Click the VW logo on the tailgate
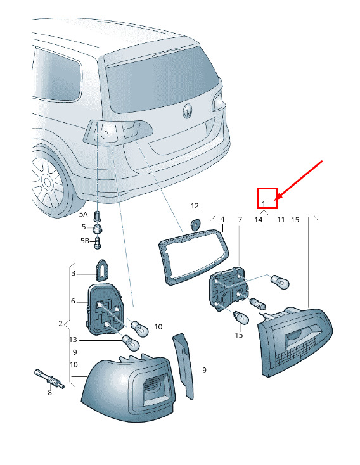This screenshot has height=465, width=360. (x=187, y=111)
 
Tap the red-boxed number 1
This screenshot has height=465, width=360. (x=264, y=204)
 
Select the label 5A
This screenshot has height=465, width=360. (x=83, y=214)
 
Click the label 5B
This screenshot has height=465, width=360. (x=85, y=241)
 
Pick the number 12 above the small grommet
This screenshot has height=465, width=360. (x=195, y=206)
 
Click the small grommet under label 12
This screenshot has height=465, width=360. (x=195, y=224)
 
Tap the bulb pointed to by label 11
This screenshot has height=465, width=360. (x=280, y=281)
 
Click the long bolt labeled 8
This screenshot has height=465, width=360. (x=49, y=379)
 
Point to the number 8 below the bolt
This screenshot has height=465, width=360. (x=49, y=393)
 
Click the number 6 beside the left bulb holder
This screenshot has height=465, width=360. (x=73, y=302)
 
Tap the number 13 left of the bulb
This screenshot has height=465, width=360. (x=73, y=340)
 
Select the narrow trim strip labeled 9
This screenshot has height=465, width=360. (x=183, y=366)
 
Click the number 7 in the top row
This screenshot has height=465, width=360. (x=240, y=219)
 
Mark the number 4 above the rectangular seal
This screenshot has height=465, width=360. (x=222, y=219)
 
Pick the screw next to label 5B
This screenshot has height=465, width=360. (x=98, y=242)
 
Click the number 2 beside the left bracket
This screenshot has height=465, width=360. (x=61, y=323)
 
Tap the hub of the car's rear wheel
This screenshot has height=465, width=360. (x=48, y=181)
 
